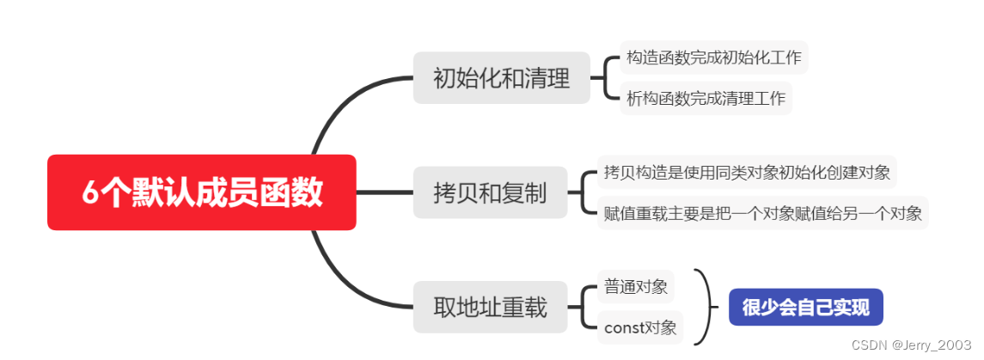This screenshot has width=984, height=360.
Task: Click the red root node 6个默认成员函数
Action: coord(201,192)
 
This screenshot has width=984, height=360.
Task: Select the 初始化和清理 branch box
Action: coord(501,79)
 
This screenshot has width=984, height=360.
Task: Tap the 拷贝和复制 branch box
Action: coord(490,192)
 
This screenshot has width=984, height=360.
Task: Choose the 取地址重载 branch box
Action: coord(490,307)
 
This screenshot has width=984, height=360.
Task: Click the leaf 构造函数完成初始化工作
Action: coord(713,58)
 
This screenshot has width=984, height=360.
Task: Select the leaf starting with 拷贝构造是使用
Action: coord(746,173)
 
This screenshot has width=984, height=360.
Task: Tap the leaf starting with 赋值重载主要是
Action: coord(762,212)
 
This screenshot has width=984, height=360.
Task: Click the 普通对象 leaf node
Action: coord(636,287)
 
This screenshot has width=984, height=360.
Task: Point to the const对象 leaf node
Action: coord(640,327)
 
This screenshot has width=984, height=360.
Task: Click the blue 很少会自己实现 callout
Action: coord(805,308)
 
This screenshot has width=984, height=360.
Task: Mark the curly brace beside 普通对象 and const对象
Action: coord(707,307)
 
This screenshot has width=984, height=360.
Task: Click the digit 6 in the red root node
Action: coord(90,193)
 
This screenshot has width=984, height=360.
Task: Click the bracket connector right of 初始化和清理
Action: coord(606,79)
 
